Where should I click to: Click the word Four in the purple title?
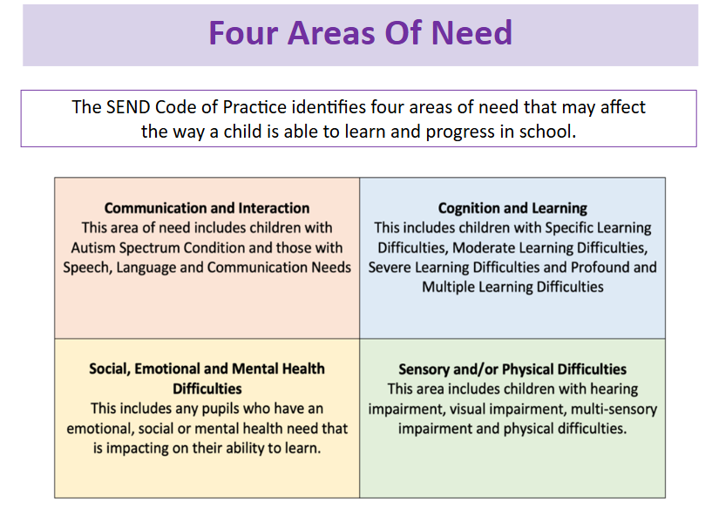[x=243, y=33]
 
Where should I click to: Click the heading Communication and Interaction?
[x=207, y=208]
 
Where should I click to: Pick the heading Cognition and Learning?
[x=512, y=208]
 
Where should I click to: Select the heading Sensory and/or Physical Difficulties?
[x=512, y=369]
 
